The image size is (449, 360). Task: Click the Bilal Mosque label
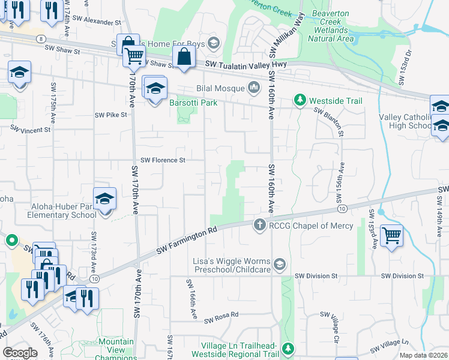[x=220, y=88]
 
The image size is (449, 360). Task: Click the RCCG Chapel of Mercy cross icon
[x=259, y=225]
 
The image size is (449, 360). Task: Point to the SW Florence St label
[x=163, y=160]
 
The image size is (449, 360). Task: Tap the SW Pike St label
[x=111, y=115]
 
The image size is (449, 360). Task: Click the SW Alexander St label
[x=103, y=22]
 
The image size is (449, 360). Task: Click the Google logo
[x=20, y=353]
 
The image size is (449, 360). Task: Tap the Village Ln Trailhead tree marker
[x=288, y=348]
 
